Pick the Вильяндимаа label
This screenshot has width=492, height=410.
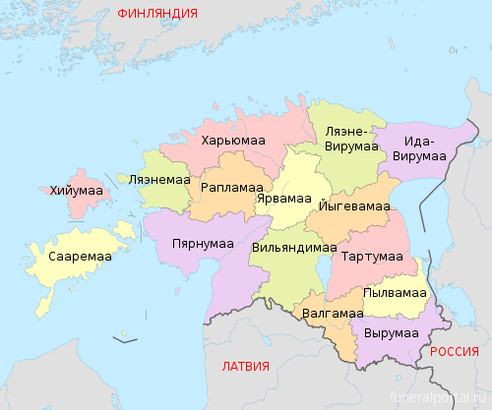(x=292, y=248)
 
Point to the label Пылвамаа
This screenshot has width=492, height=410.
(x=394, y=293)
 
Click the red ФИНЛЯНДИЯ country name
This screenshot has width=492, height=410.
(x=156, y=14)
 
